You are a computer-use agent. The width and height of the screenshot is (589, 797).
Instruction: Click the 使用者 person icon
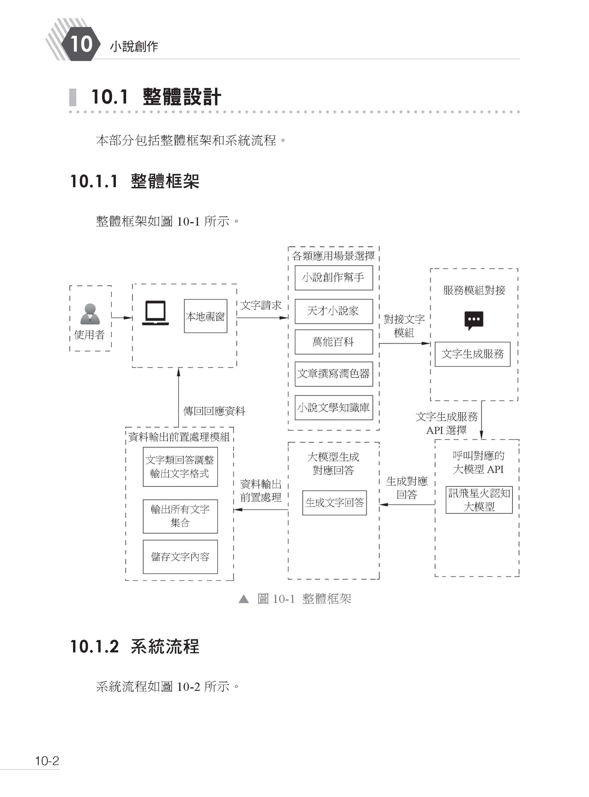(90, 314)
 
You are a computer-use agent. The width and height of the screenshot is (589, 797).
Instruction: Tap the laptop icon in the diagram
(155, 313)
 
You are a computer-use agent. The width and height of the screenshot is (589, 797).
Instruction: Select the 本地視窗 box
(205, 316)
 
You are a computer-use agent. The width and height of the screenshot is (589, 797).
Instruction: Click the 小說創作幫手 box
(333, 277)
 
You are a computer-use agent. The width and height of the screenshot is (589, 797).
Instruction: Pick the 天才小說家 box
(333, 311)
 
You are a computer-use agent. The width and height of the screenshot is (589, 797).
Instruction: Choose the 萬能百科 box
(333, 342)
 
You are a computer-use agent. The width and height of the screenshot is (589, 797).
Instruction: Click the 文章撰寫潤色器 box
(333, 374)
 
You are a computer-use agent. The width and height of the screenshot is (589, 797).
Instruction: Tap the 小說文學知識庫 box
(333, 407)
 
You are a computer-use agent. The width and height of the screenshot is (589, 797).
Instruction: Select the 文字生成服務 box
(472, 354)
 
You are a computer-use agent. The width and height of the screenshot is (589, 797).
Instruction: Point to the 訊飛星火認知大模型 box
(479, 500)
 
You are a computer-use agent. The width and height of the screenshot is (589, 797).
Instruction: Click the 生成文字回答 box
(334, 502)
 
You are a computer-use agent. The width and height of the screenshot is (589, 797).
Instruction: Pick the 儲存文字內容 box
(180, 557)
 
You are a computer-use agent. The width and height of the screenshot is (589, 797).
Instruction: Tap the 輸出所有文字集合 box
(180, 516)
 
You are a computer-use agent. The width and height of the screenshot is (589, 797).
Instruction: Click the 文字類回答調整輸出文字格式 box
(180, 467)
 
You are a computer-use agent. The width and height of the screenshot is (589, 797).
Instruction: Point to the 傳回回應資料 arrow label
(214, 411)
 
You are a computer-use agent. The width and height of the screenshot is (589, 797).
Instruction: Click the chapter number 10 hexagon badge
(81, 44)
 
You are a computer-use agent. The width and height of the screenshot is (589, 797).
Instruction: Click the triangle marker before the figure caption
(243, 599)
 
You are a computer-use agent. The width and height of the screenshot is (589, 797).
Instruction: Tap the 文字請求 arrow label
(261, 305)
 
